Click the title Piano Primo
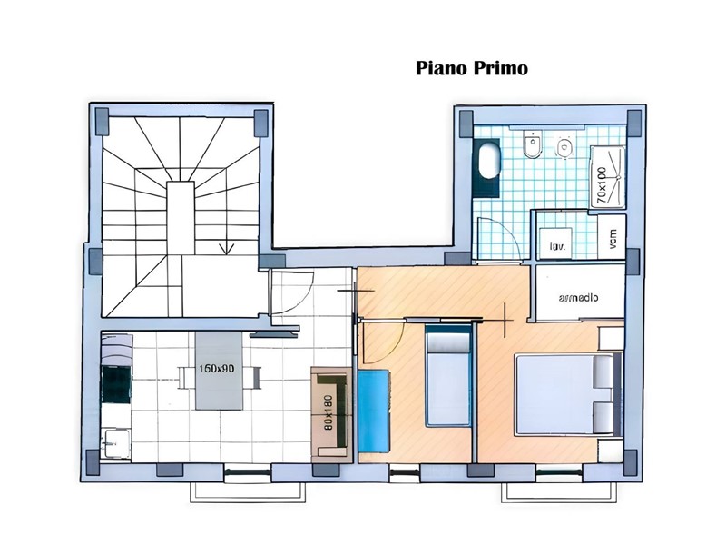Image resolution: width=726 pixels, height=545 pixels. pos(471,68)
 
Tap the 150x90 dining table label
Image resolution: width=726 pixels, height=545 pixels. pos(218,369)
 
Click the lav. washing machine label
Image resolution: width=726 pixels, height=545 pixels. pos(554,244)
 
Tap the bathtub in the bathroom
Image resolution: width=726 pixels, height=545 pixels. pos(489,162)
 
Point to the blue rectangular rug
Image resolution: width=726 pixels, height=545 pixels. pos(373,411)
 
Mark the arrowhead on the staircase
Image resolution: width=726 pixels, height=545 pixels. pos(227,246)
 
